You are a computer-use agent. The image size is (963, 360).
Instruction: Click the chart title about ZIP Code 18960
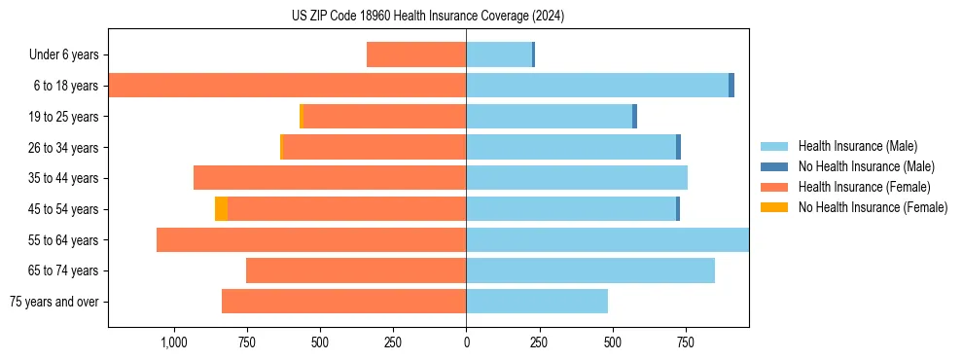click(x=428, y=17)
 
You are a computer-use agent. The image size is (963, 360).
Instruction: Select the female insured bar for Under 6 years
click(x=416, y=54)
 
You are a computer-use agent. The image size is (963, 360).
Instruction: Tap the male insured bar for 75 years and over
click(x=537, y=302)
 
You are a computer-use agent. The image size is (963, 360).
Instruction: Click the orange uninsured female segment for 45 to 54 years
click(x=221, y=209)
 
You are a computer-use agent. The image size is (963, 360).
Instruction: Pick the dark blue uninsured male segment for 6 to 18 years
click(x=731, y=86)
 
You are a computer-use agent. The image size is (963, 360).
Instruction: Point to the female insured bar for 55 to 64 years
click(x=311, y=240)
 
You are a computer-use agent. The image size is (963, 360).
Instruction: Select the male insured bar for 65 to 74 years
click(x=590, y=270)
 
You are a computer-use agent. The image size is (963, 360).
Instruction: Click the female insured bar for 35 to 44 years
click(x=330, y=178)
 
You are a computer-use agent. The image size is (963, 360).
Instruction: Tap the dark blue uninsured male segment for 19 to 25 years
click(x=634, y=117)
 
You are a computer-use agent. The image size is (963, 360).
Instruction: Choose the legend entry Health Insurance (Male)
click(x=857, y=146)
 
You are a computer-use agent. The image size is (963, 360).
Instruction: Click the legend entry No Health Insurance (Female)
click(x=873, y=207)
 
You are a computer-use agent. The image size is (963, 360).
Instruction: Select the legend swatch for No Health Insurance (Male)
click(x=774, y=166)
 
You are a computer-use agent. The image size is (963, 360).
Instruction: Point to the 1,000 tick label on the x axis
click(x=173, y=342)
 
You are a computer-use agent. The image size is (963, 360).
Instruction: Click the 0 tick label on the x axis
click(x=466, y=342)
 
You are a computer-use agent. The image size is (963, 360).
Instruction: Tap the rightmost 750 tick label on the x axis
click(x=685, y=342)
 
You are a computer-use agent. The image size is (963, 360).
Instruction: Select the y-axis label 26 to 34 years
click(x=64, y=148)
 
